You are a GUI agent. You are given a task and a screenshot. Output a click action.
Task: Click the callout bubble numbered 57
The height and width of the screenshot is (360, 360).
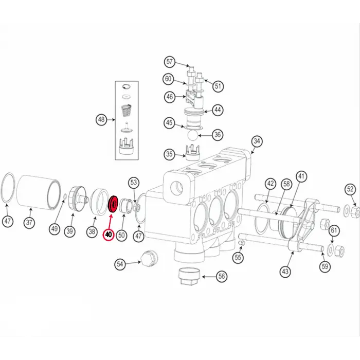coord(170,62)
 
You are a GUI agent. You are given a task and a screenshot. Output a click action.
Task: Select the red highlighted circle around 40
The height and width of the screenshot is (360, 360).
coord(109,235)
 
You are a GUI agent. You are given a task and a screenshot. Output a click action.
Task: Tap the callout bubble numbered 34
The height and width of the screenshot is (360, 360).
coord(257,141)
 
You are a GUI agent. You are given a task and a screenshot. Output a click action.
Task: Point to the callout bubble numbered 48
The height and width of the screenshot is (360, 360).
coord(101,120)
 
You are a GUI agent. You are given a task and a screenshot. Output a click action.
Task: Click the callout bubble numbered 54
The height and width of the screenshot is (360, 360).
coord(120,264)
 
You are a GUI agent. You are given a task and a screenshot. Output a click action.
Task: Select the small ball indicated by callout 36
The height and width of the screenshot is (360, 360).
coord(192,135)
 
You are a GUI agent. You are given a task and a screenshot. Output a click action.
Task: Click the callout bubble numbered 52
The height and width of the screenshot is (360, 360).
coord(350,190)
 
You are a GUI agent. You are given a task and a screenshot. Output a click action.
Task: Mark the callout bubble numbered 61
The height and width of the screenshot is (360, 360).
coord(334,230)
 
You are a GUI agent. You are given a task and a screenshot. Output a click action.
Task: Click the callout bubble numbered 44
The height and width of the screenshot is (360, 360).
coord(219,110)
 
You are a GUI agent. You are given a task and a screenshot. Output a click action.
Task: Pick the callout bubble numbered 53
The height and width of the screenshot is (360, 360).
coord(134,183)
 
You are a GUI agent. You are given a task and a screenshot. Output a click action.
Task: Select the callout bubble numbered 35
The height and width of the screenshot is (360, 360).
coord(169,153)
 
